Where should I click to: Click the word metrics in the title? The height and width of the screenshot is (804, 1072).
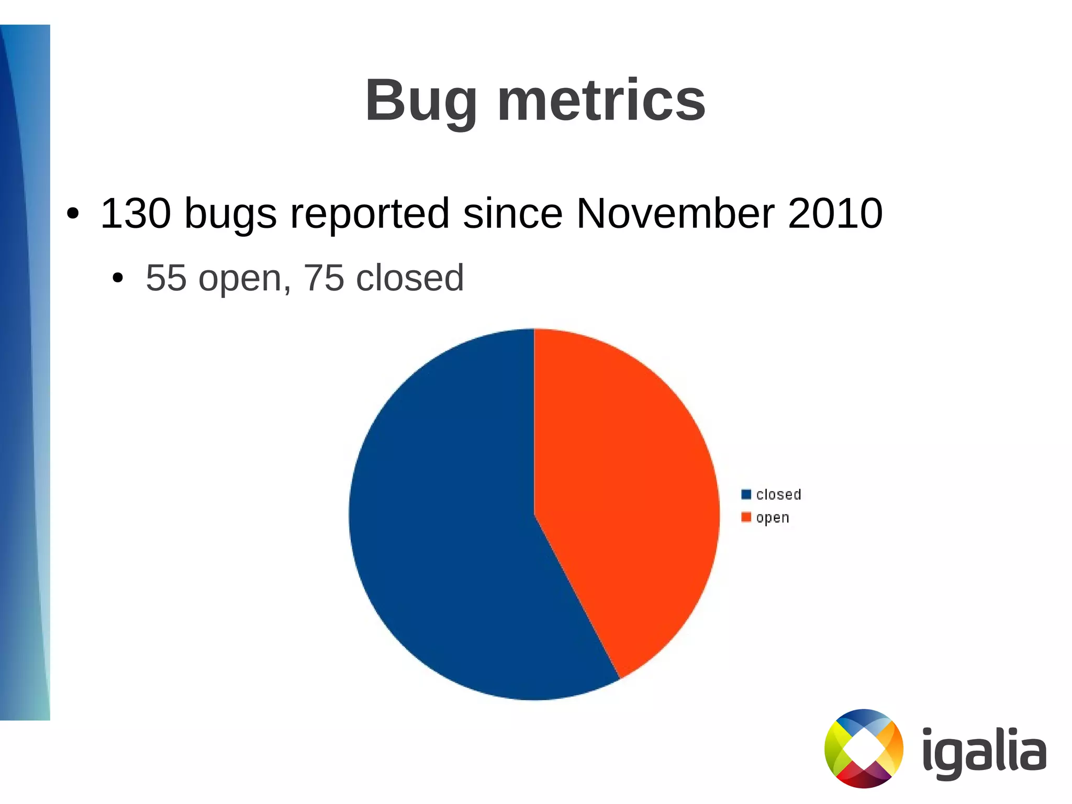coord(601,101)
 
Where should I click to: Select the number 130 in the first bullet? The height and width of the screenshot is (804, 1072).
coord(136,214)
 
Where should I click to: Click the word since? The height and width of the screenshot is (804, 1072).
coord(512,214)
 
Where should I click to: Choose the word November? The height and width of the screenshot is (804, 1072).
coord(675,214)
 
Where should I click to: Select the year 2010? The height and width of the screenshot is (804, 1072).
coord(835,214)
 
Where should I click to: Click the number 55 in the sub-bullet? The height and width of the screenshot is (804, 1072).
coord(166,278)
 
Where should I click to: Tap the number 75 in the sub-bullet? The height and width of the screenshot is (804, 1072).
coord(324,278)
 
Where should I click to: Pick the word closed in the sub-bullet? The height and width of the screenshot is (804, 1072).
coord(410,278)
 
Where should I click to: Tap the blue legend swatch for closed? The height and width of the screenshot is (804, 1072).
coord(746,494)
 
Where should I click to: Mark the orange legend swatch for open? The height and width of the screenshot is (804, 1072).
coord(746,517)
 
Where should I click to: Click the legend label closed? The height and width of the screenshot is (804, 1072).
coord(778,494)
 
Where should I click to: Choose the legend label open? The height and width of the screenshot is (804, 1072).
coord(773,518)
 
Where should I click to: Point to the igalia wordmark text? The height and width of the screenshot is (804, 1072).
coord(984,752)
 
